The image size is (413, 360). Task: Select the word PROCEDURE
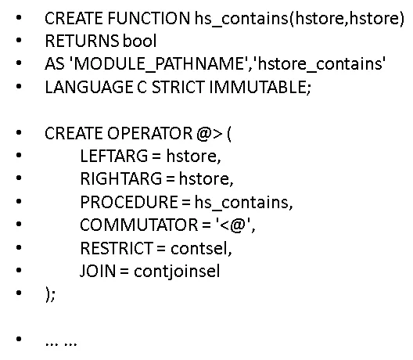122,202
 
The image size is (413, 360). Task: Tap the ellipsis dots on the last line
60,341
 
